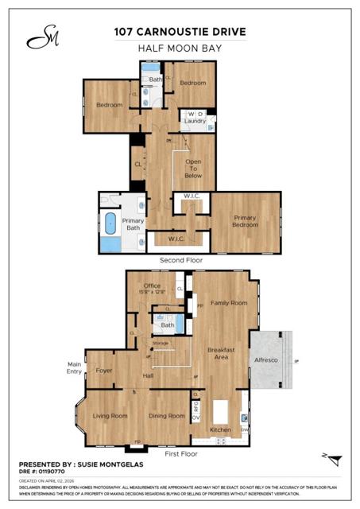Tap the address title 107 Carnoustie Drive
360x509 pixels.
180,33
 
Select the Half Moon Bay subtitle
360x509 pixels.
180,49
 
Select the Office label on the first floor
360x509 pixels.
152,286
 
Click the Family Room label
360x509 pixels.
228,303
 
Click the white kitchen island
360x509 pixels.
222,411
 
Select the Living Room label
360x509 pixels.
110,416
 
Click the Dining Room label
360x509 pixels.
167,416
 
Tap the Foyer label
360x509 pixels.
104,370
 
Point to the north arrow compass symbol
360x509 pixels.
335,459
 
